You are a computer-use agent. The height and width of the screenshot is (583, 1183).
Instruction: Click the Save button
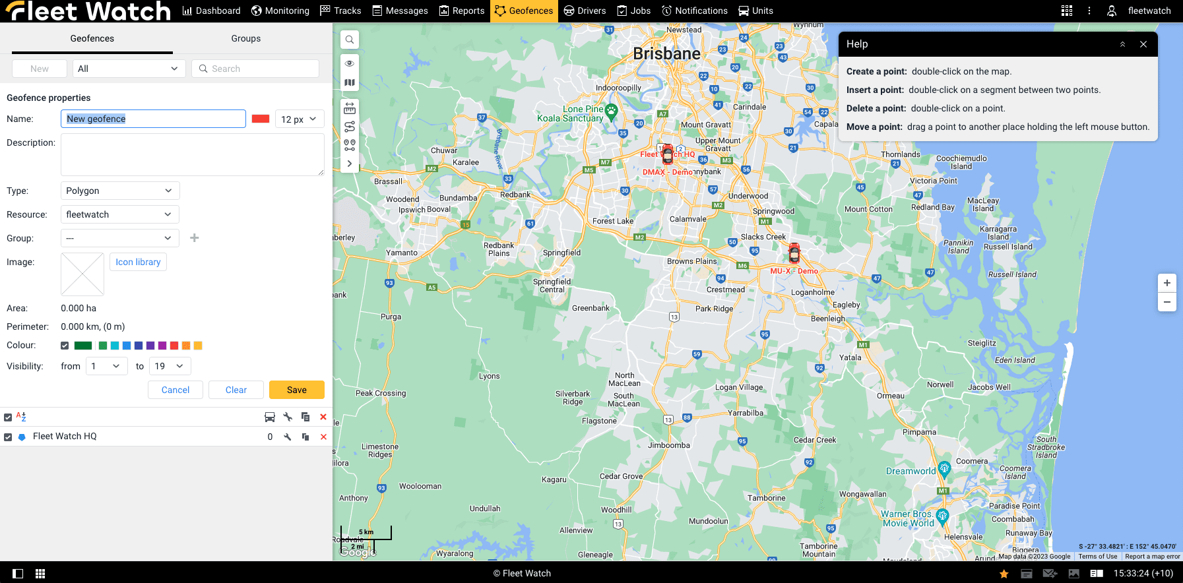pos(296,390)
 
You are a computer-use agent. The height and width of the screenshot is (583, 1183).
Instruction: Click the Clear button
pos(236,390)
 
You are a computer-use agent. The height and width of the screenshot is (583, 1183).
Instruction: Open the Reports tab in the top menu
pos(462,11)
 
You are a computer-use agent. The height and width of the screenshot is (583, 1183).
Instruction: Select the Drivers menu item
pos(585,11)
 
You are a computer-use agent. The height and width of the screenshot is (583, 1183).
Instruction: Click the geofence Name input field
pos(153,119)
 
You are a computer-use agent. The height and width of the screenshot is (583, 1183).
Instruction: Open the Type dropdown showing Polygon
pos(119,191)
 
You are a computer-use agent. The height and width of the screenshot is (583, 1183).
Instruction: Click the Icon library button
pos(138,262)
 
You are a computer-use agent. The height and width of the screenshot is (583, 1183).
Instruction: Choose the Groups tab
pos(245,38)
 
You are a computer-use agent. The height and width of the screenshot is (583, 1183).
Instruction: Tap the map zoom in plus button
pos(1167,283)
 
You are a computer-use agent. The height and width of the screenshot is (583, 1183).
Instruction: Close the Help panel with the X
pos(1143,44)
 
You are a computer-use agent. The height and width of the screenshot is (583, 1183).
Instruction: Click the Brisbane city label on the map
pos(666,54)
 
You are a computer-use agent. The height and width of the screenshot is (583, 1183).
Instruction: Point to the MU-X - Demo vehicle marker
pos(794,253)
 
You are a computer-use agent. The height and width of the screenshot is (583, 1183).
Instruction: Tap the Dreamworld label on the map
pos(911,471)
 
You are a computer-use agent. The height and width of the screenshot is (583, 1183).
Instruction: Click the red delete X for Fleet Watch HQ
pos(323,437)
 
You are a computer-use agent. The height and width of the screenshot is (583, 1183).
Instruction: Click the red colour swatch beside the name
pos(261,119)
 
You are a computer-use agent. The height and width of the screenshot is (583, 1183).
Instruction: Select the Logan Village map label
pos(738,387)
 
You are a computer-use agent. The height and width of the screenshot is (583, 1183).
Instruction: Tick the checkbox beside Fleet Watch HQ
pos(8,437)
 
